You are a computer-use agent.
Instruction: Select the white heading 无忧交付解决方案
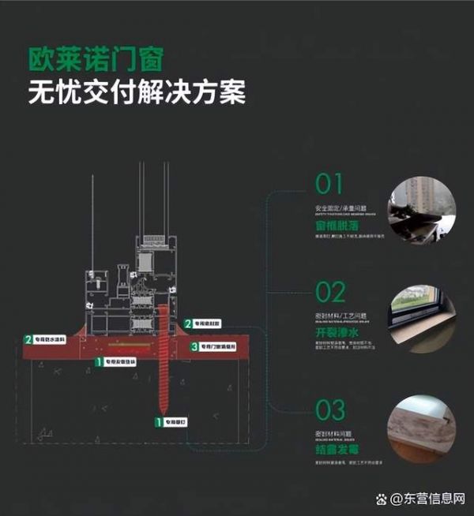(x=137, y=93)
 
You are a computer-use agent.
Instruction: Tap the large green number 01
(x=329, y=185)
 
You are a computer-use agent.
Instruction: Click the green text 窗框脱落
(x=325, y=226)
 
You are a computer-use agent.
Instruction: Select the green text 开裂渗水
(x=325, y=334)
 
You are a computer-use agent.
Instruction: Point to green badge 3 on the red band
(x=194, y=346)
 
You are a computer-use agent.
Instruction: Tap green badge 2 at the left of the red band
(x=28, y=339)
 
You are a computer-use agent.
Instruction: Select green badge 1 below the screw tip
(x=159, y=423)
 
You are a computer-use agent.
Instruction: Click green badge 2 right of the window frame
(x=188, y=323)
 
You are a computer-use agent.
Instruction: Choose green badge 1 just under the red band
(x=98, y=361)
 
